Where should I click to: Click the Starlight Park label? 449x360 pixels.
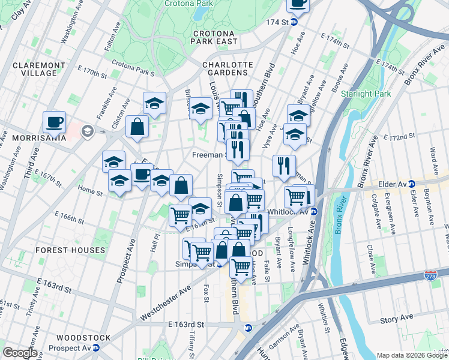point(366,94)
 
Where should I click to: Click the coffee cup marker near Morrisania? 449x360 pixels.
point(54,122)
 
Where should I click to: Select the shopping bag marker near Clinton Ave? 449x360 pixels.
point(137,127)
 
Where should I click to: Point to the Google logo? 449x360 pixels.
point(20,353)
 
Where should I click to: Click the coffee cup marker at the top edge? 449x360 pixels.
point(298,3)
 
